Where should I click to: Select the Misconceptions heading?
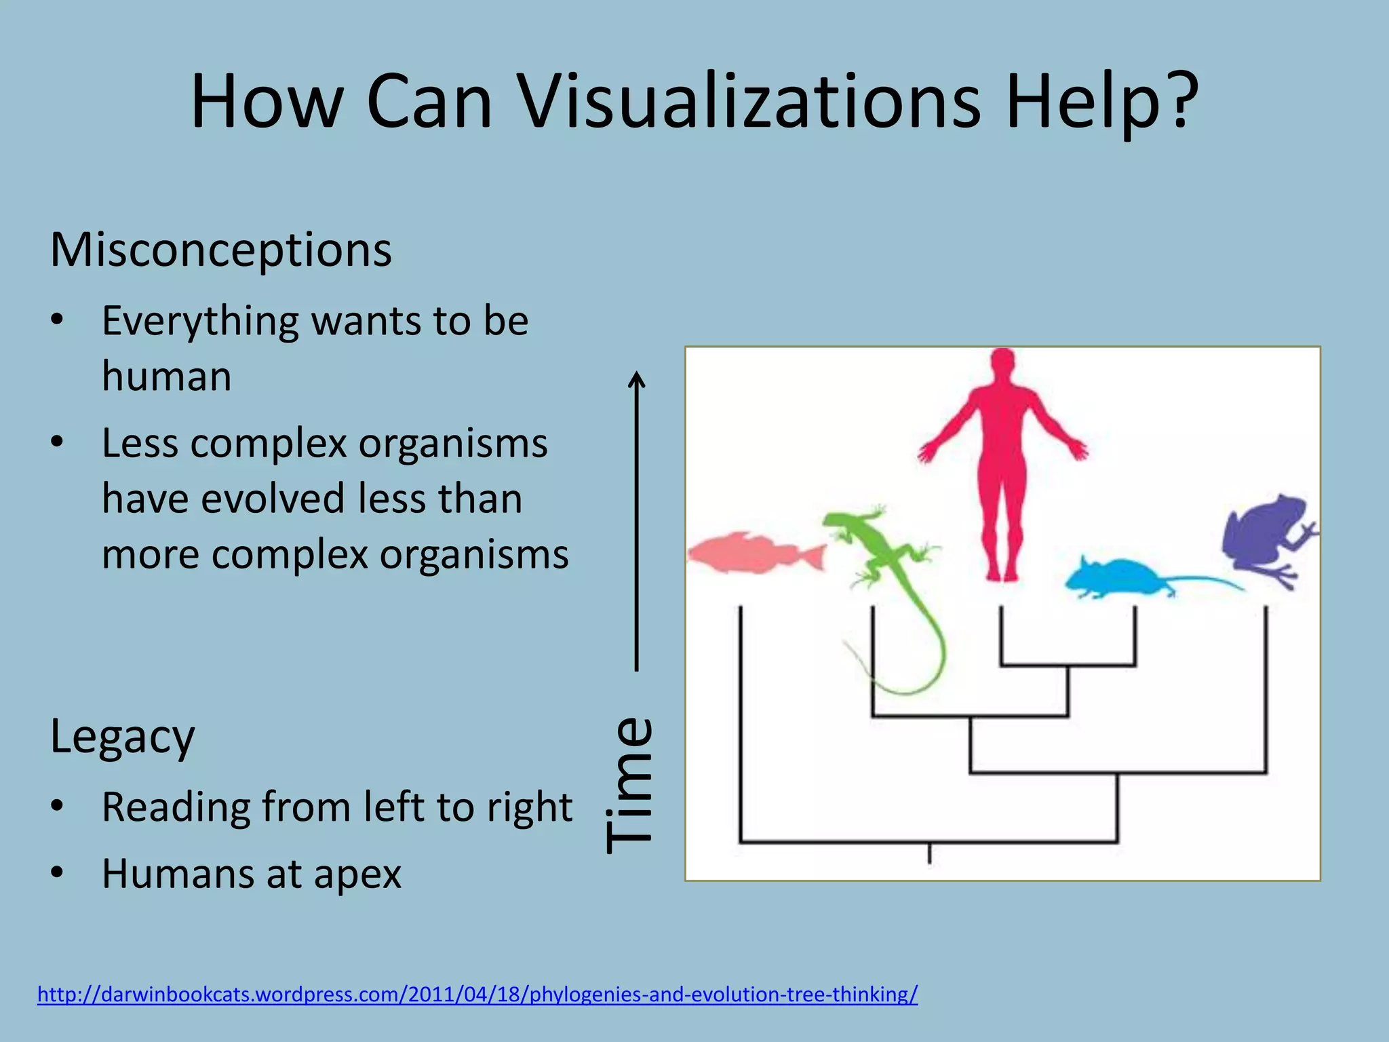(x=220, y=250)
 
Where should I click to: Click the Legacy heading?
(x=122, y=736)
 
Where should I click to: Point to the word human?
(x=167, y=377)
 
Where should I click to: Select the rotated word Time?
(x=629, y=785)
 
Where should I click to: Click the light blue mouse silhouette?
(x=1119, y=579)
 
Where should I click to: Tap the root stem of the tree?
(x=929, y=853)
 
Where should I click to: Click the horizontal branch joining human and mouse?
(x=1068, y=665)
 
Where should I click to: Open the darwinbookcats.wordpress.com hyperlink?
(x=477, y=995)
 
